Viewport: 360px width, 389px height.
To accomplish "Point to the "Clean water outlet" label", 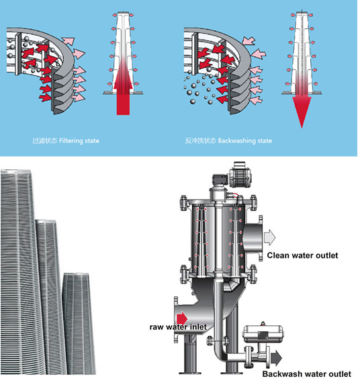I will coord(302,255).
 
